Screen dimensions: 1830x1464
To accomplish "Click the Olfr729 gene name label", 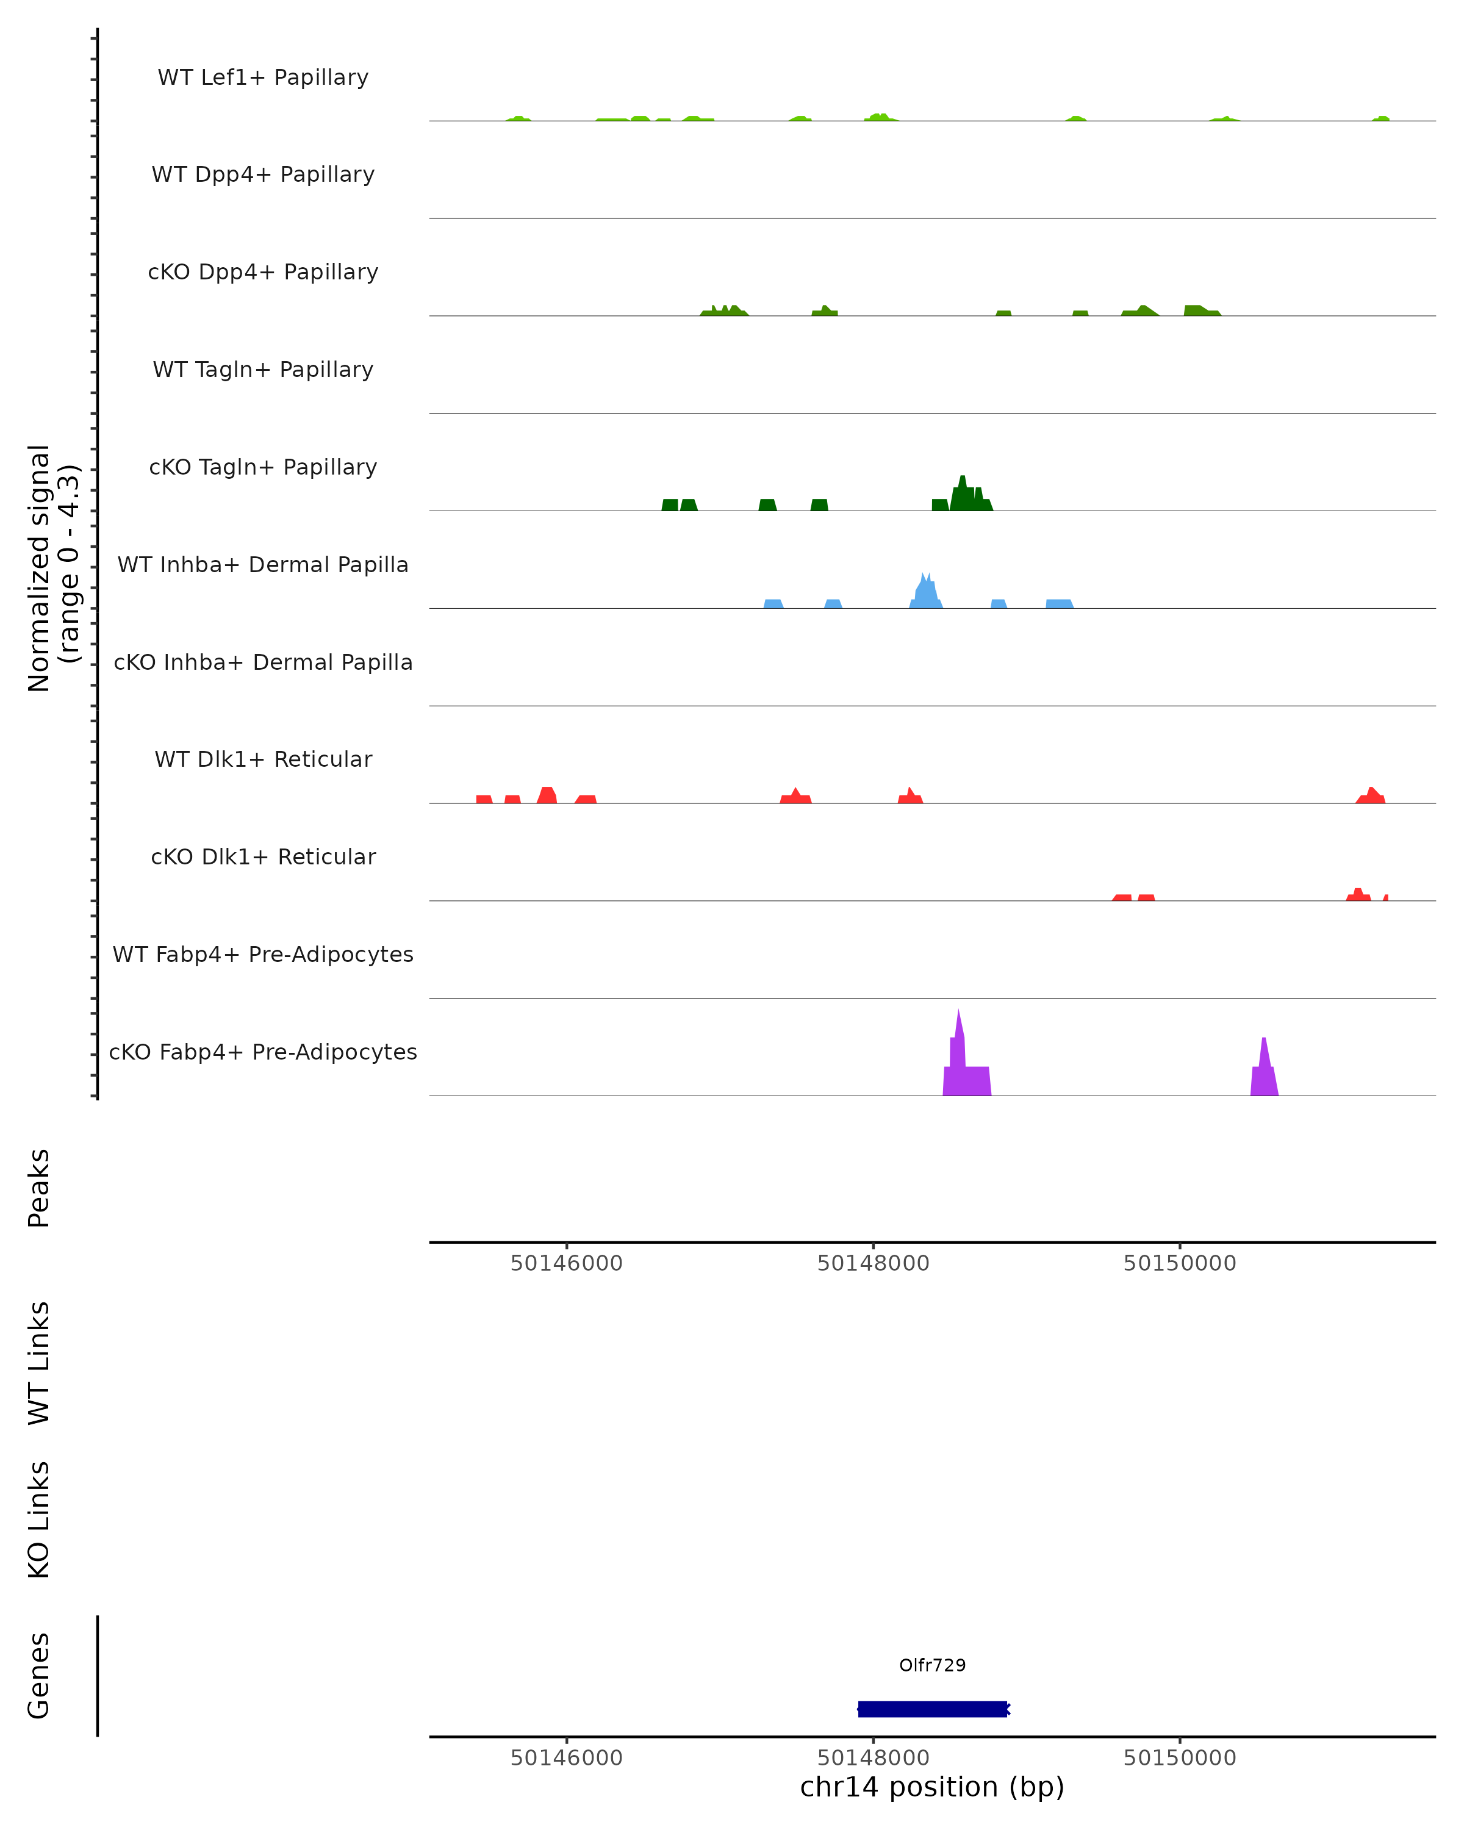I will click(x=932, y=1665).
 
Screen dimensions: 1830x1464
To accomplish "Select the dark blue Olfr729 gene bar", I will click(x=932, y=1709).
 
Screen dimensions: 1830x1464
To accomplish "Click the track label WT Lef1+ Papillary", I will click(x=263, y=77).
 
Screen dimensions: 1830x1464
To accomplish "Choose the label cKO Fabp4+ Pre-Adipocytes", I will click(x=263, y=1052).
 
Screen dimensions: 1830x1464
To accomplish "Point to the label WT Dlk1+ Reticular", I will click(x=263, y=759).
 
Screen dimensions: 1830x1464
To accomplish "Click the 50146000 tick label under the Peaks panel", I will click(x=566, y=1263).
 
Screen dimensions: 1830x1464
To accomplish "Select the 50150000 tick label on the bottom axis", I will click(x=1179, y=1758).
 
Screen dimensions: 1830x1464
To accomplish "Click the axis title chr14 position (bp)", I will click(x=932, y=1787).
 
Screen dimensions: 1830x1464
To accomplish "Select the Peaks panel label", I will click(x=39, y=1188).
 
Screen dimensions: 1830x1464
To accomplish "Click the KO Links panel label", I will click(x=39, y=1520).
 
